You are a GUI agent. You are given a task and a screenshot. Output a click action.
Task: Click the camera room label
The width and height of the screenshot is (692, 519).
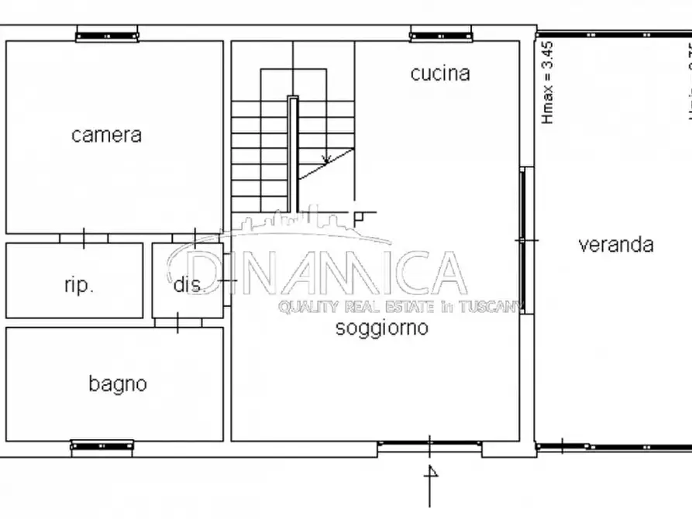[106, 135]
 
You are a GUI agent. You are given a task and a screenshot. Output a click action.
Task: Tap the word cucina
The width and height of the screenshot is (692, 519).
[440, 74]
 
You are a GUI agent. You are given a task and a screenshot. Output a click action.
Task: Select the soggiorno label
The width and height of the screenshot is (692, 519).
[381, 328]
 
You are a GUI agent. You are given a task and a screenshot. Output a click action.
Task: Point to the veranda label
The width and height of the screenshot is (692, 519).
[616, 245]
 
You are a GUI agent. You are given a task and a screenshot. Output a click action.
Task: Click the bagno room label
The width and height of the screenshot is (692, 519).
[117, 383]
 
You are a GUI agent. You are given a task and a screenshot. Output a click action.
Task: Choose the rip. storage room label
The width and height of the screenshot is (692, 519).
[78, 285]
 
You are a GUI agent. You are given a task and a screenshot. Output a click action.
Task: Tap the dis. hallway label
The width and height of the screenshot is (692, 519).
[188, 285]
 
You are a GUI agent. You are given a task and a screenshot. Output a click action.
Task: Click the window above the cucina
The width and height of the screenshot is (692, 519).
[440, 35]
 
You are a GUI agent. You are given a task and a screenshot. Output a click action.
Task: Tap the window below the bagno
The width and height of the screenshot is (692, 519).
[102, 446]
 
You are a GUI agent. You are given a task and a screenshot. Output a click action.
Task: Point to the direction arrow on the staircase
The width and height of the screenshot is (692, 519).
[326, 157]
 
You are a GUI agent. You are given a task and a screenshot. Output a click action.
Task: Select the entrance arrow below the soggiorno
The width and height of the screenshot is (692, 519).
[431, 473]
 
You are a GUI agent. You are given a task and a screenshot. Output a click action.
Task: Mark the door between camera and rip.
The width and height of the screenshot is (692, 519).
[84, 238]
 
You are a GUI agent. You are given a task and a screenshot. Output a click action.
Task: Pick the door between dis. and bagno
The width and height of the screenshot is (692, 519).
[177, 322]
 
